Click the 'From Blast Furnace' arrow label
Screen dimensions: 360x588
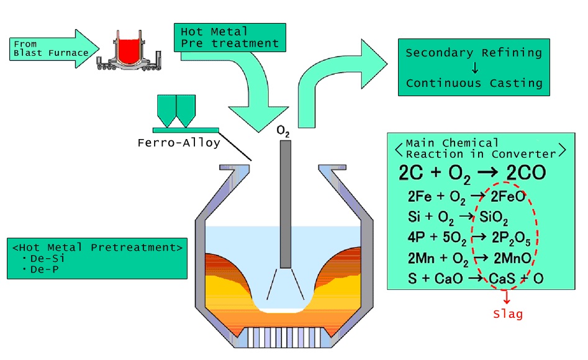pos(51,48)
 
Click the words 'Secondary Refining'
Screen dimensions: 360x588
pos(474,53)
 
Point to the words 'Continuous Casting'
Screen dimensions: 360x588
pos(474,83)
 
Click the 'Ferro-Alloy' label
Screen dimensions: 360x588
pos(179,143)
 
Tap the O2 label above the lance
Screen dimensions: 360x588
pos(283,132)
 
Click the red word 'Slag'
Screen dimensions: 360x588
pos(507,314)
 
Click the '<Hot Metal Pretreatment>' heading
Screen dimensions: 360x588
pos(97,247)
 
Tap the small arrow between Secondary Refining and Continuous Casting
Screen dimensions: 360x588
pos(474,68)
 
